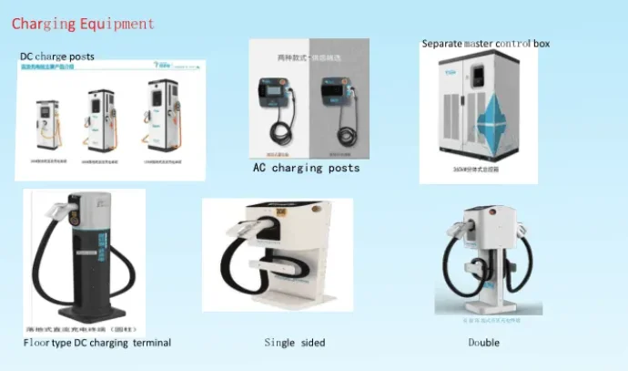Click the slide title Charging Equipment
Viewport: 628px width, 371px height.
click(83, 24)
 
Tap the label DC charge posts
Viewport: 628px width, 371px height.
click(56, 57)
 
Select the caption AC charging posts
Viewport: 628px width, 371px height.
click(306, 168)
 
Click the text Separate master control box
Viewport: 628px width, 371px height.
click(485, 44)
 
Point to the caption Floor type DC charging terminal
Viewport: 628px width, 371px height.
click(96, 343)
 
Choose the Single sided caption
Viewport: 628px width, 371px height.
click(294, 343)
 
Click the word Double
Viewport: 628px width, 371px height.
click(483, 343)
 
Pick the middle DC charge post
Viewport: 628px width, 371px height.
click(101, 120)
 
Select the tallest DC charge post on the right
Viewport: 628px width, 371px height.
click(162, 117)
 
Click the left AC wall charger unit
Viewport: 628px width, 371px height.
click(278, 100)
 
